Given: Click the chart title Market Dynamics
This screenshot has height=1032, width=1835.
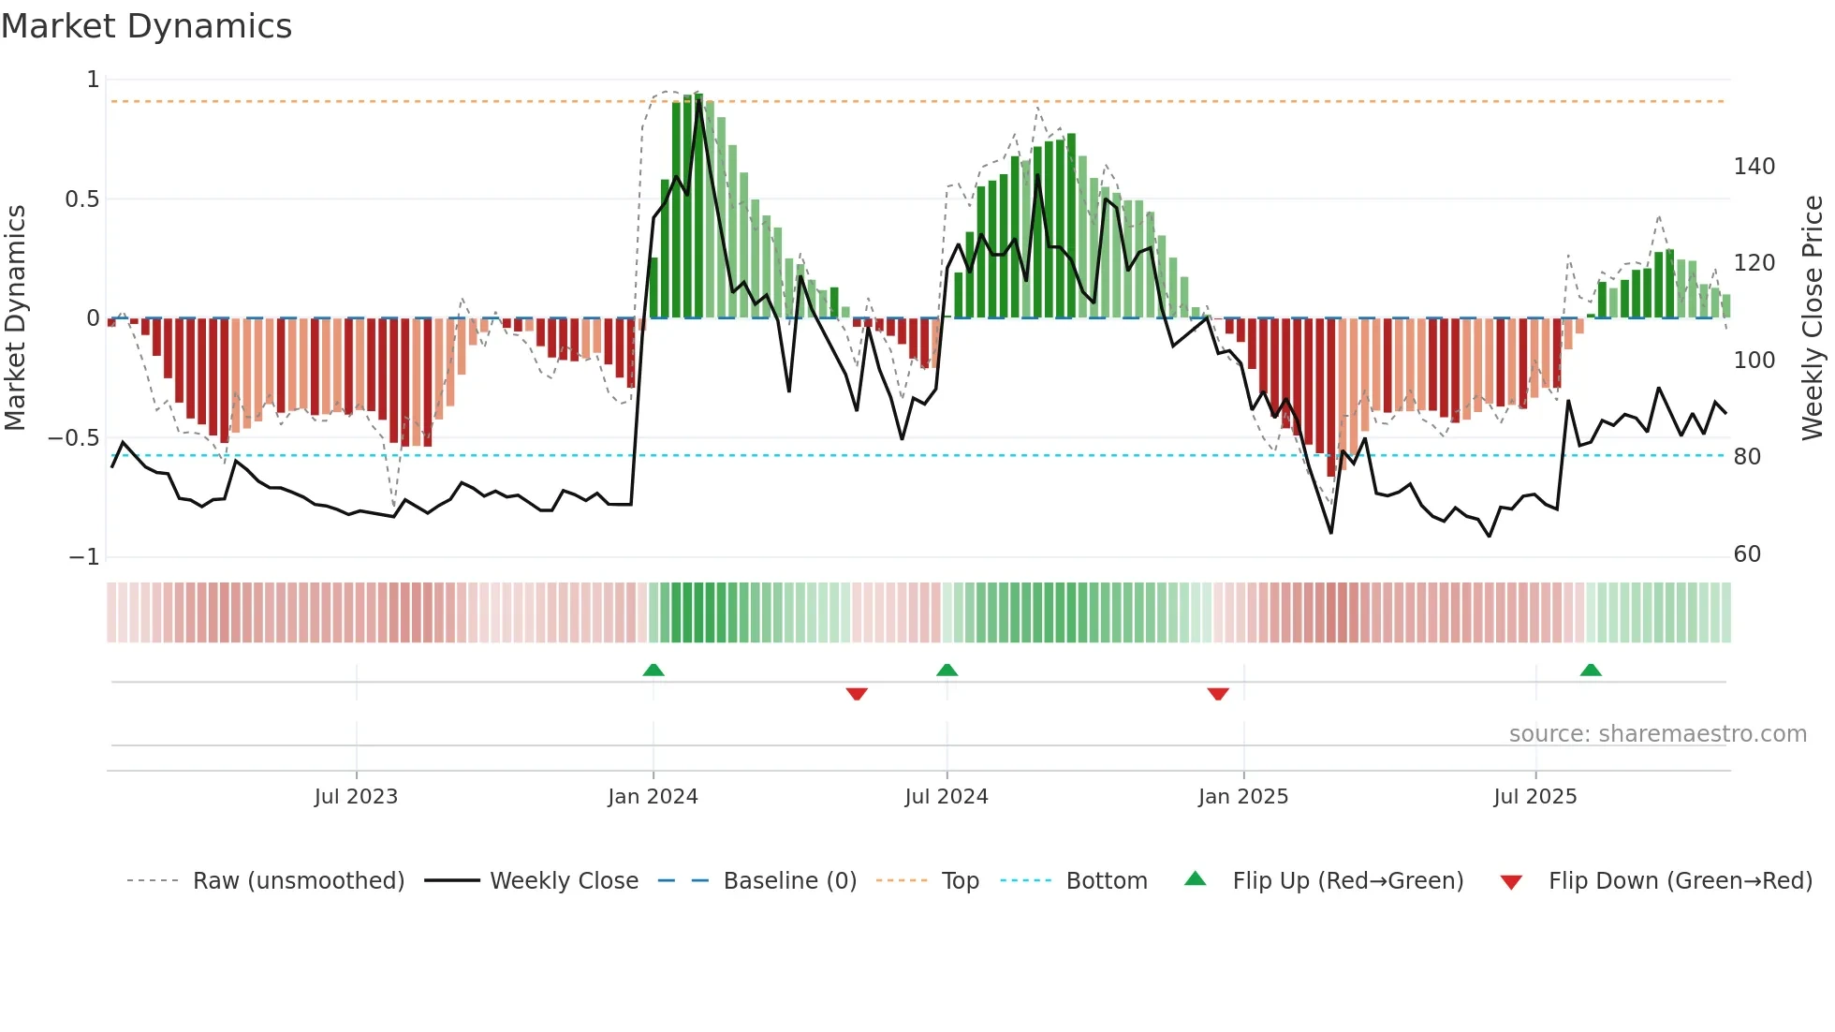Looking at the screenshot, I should [x=146, y=26].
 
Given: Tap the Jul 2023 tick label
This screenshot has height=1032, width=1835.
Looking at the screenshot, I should [x=356, y=797].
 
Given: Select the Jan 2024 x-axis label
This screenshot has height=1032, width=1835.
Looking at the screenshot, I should [x=653, y=797].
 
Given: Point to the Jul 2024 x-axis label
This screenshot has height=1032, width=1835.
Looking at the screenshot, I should [x=946, y=797].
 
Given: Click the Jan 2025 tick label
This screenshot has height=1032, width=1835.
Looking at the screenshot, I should [x=1242, y=797].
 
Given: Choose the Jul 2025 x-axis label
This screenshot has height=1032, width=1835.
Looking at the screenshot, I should [x=1534, y=797].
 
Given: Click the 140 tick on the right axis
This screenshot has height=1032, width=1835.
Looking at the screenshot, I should [x=1754, y=167].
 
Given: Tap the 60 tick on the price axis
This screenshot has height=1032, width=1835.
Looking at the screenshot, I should [x=1747, y=554].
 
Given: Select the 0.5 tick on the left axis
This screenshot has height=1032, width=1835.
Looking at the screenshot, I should [x=81, y=199].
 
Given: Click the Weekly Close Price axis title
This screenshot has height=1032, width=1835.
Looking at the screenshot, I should [x=1813, y=318].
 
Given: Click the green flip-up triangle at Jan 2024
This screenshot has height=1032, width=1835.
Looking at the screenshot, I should [x=653, y=670].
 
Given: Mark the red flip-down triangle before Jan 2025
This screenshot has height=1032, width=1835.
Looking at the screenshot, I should [x=1217, y=693].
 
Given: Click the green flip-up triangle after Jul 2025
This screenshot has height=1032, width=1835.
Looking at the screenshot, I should [x=1590, y=670].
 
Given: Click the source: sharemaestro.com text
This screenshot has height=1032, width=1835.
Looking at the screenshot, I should [x=1657, y=734].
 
